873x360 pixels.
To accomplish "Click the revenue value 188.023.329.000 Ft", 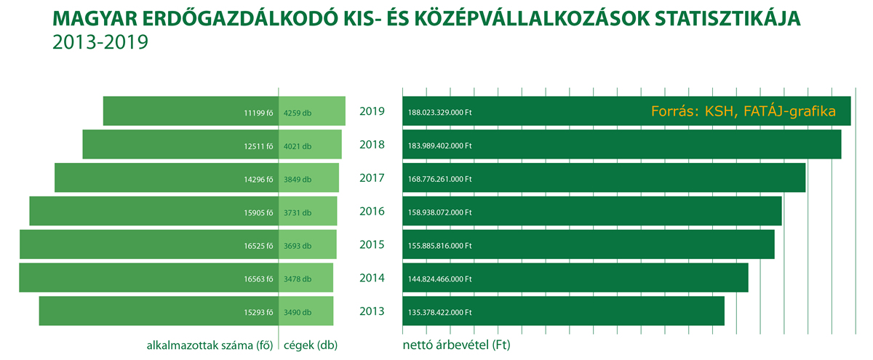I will (440, 113).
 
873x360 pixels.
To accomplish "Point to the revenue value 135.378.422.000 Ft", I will (440, 313).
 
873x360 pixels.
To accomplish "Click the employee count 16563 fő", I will (258, 279).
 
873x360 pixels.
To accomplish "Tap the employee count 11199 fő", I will (258, 113).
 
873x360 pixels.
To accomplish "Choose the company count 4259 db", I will (298, 113).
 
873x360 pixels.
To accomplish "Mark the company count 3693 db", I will (298, 246).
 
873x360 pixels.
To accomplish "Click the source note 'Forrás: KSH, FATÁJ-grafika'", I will (742, 113).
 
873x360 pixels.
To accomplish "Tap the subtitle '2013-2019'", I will (100, 42).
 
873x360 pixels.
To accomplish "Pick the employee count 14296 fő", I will (258, 180).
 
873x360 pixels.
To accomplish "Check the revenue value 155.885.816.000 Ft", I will (440, 246).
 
